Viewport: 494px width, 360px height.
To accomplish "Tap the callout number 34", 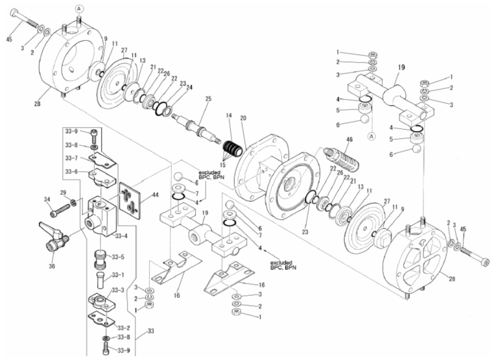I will [x=47, y=199].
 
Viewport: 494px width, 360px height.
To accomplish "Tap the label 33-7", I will [x=71, y=158].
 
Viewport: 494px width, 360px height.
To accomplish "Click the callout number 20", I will [x=244, y=119].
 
